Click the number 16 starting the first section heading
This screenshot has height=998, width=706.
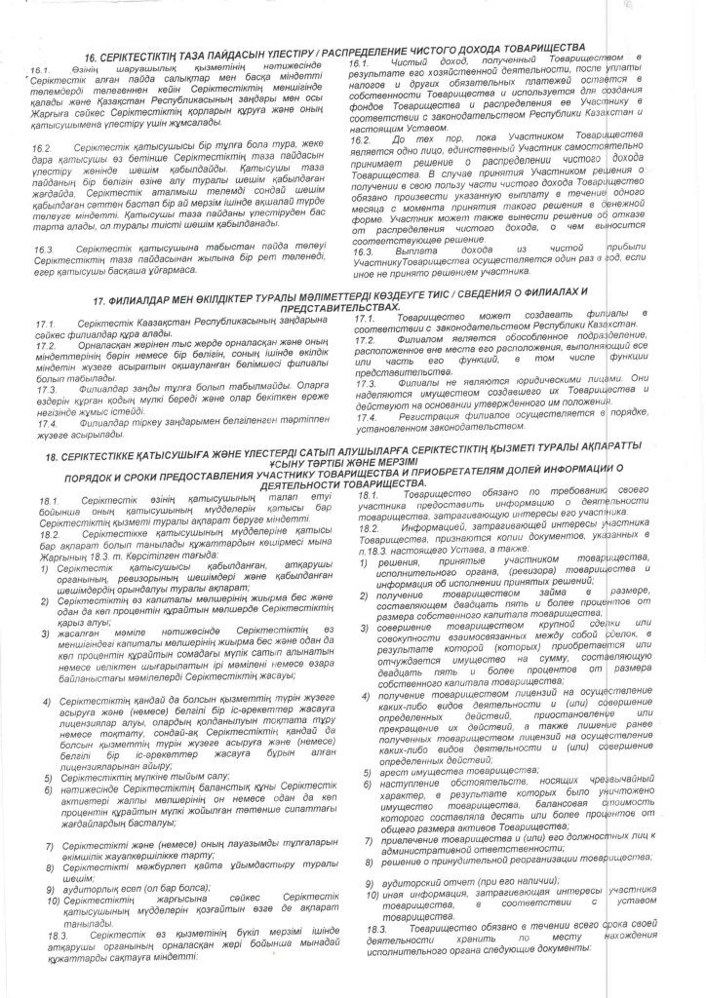click(93, 59)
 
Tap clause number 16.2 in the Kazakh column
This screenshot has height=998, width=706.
click(41, 145)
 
